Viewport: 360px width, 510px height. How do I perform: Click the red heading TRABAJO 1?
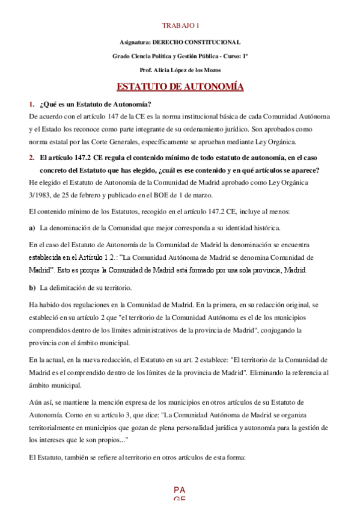click(x=180, y=25)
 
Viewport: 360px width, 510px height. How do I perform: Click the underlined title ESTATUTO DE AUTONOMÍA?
click(x=180, y=87)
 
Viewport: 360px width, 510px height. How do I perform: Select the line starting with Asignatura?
click(x=180, y=41)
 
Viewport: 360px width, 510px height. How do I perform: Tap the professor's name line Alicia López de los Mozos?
click(x=180, y=70)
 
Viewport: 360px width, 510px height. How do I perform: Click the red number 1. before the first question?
click(x=32, y=104)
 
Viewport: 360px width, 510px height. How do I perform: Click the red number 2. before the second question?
click(x=32, y=158)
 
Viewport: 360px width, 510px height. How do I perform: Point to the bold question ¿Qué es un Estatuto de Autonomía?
click(x=96, y=104)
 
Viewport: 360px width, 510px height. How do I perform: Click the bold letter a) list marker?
click(x=32, y=228)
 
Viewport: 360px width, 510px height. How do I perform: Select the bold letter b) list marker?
click(x=32, y=287)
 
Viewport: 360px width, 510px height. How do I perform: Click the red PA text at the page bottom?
click(x=179, y=490)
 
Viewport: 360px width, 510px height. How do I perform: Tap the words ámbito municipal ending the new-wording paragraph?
click(x=58, y=386)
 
